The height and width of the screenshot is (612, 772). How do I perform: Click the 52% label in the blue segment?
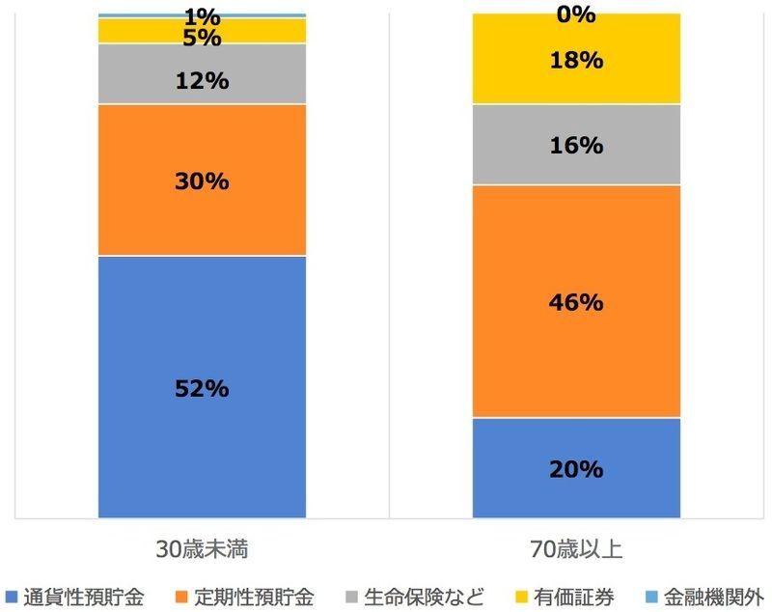(202, 389)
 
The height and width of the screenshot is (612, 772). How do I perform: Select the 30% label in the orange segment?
(202, 181)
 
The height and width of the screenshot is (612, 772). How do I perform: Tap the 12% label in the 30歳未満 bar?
(202, 81)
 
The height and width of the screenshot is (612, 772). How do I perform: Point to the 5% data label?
(202, 39)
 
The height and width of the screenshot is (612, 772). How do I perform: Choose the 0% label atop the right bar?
(576, 14)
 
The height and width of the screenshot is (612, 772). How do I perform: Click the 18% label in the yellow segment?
(576, 60)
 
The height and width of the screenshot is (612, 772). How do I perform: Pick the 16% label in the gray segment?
(576, 146)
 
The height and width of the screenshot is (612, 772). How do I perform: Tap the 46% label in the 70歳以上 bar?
(576, 302)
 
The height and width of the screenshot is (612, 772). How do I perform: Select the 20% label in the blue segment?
(576, 470)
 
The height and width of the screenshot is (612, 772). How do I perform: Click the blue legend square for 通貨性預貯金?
(12, 596)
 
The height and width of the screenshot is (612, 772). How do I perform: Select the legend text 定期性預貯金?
(252, 596)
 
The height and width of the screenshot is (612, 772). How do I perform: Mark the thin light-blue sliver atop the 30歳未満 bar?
(202, 15)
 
